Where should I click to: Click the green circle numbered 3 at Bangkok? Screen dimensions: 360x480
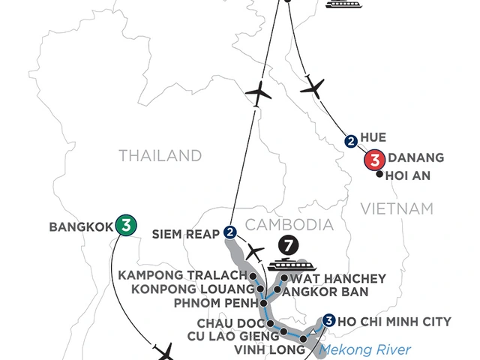(x=125, y=224)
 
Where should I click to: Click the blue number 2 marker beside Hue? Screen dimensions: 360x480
(x=350, y=140)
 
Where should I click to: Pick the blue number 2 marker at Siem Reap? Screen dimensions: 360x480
(x=230, y=232)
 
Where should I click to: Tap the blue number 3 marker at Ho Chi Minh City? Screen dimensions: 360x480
(x=328, y=322)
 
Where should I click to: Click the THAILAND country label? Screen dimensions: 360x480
(x=161, y=156)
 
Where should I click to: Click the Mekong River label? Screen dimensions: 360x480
(x=366, y=349)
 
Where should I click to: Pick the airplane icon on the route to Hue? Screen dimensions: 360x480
(x=313, y=87)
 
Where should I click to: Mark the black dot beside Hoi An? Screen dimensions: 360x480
(x=379, y=175)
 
